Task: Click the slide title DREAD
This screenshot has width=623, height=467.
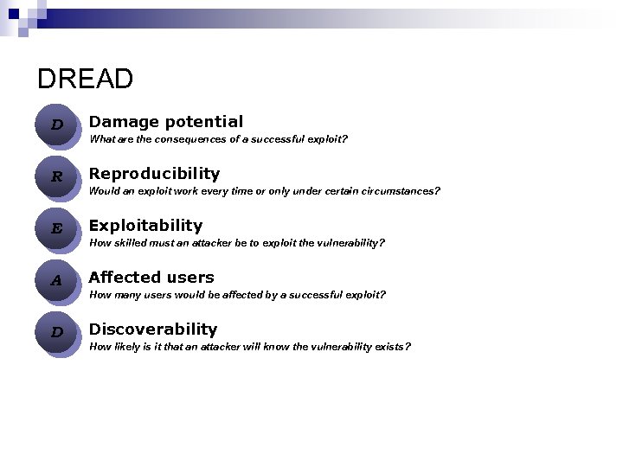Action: [85, 80]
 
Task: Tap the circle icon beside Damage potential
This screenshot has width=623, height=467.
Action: [57, 125]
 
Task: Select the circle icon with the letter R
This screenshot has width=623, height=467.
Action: [57, 176]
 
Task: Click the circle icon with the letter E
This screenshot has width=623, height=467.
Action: [57, 228]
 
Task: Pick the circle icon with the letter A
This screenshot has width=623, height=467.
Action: [57, 280]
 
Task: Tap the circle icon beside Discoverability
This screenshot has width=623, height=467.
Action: [57, 332]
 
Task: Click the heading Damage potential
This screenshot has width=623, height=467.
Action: [165, 122]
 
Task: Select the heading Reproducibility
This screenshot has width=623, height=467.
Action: [154, 174]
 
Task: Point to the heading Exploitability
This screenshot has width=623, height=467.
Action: [145, 226]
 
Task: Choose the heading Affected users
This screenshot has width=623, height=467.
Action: [151, 278]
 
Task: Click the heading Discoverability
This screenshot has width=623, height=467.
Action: [153, 329]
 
